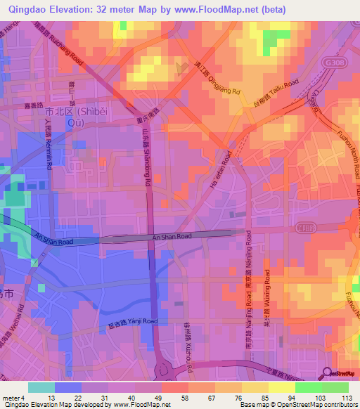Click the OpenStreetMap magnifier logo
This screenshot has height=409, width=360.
(x=326, y=372)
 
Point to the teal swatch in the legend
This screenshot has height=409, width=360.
(x=41, y=387)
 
